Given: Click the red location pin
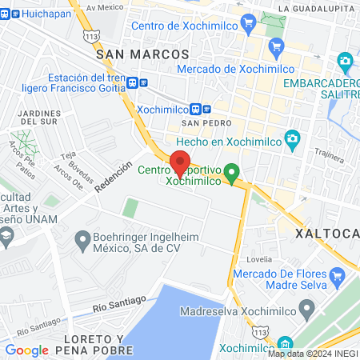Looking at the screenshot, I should [181, 163].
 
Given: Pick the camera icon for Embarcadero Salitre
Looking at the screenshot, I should [345, 61].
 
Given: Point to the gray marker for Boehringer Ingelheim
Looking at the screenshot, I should [81, 239].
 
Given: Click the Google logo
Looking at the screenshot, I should [26, 350].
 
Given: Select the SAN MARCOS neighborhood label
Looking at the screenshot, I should [142, 54].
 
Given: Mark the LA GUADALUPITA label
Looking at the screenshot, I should [318, 8].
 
